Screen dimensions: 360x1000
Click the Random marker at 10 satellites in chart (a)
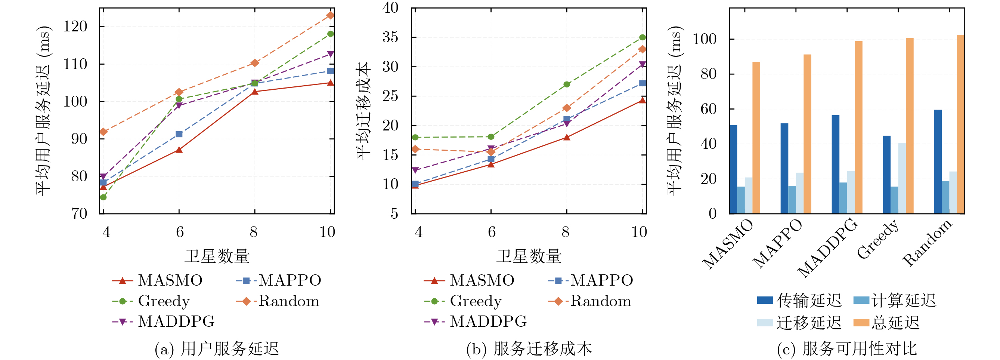330,15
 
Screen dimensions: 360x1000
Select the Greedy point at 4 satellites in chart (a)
103,197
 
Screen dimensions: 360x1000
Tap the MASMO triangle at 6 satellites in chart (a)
179,150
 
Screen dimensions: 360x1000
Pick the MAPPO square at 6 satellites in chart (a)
179,134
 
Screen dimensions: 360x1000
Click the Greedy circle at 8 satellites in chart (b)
567,84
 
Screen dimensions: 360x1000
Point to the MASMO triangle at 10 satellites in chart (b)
643,100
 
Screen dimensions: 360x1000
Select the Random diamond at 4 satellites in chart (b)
415,149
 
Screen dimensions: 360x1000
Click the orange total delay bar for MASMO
756,138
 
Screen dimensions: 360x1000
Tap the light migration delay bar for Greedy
902,178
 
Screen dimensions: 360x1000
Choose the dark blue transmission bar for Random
938,161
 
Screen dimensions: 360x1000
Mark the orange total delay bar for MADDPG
858,127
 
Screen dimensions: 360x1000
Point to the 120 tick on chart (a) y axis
76,27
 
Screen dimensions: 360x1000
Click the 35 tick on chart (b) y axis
390,37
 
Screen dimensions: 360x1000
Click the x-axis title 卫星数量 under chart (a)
217,256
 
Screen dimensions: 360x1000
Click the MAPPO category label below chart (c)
778,243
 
